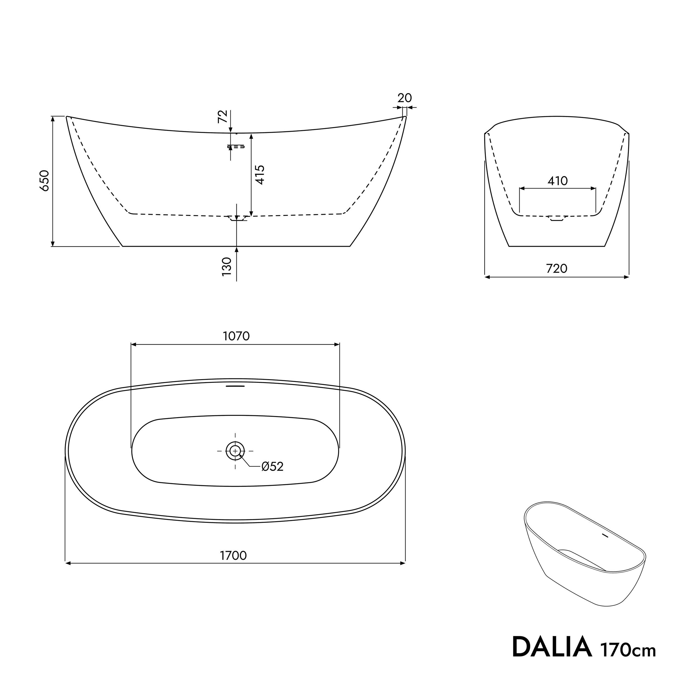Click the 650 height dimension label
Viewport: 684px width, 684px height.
[x=45, y=181]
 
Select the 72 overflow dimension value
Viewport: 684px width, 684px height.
[x=222, y=117]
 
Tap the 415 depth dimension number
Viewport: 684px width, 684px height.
[x=260, y=175]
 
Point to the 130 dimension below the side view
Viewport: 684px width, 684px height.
[x=227, y=266]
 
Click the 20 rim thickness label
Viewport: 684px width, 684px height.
[x=404, y=98]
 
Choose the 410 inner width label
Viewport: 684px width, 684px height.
[x=558, y=181]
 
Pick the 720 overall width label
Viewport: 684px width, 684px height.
[x=557, y=269]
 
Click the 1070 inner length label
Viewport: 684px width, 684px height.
[x=236, y=336]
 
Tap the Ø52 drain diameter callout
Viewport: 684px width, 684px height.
[x=272, y=466]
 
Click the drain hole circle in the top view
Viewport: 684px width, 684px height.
[x=235, y=451]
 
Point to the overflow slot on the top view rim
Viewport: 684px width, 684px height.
[x=235, y=386]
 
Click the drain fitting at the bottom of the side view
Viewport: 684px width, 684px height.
[x=237, y=218]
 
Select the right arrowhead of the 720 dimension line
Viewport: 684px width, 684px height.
[x=627, y=277]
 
